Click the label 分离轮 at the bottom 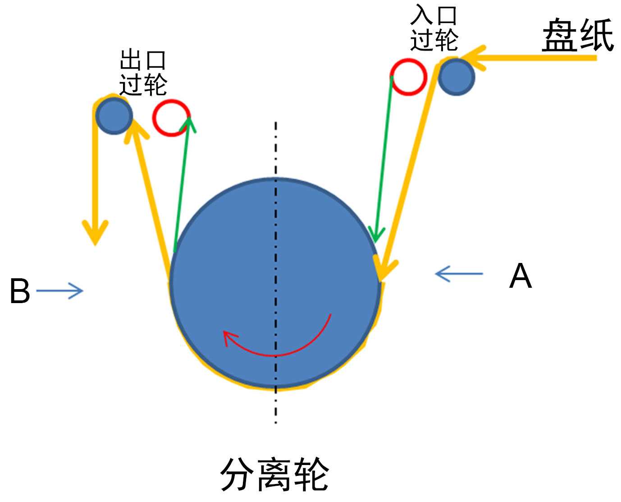(x=274, y=474)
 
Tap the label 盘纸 (x=577, y=36)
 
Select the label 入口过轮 (x=434, y=28)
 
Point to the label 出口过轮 (x=143, y=72)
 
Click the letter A (x=520, y=276)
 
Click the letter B (x=19, y=291)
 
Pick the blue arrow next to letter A (x=458, y=273)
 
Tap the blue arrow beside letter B (x=60, y=291)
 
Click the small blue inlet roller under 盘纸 (x=456, y=77)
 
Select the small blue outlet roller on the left (x=114, y=116)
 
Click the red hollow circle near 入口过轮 (x=408, y=77)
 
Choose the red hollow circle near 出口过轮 (x=171, y=117)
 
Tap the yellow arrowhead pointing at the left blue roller (x=134, y=131)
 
